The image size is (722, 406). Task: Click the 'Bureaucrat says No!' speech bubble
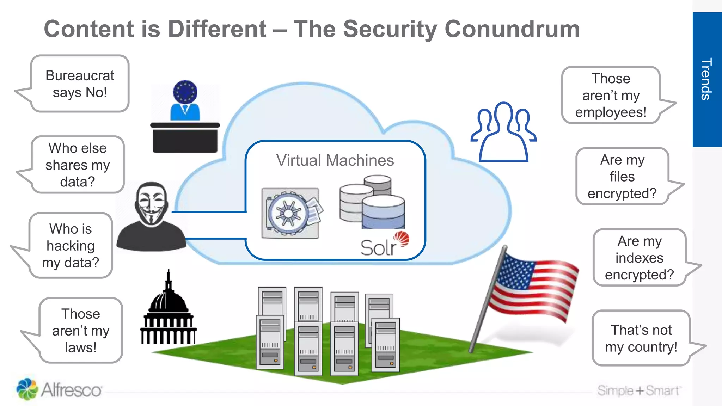80,84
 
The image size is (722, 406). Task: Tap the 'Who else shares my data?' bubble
78,165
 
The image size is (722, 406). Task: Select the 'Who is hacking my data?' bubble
71,246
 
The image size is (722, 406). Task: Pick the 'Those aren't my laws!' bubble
81,331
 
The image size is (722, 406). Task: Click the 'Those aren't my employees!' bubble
611,95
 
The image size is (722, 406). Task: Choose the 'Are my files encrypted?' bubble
622,177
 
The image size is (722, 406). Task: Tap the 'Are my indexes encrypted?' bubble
640,258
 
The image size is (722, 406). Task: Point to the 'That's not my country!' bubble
641,338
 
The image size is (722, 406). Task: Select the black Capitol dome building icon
168,314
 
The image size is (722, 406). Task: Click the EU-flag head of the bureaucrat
185,92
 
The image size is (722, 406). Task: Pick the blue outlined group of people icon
503,132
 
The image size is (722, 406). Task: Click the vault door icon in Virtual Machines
290,214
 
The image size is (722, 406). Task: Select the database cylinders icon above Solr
372,202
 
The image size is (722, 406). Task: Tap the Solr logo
384,245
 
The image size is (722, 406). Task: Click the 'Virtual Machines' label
335,160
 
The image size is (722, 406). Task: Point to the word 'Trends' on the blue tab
706,79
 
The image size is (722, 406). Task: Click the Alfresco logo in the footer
59,389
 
